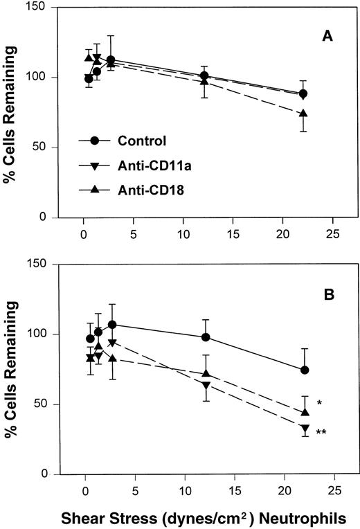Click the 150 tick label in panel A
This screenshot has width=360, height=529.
37,8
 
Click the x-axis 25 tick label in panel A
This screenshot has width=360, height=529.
334,232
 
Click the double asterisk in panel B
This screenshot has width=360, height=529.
321,433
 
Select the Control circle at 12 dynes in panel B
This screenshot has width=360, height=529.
205,337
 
